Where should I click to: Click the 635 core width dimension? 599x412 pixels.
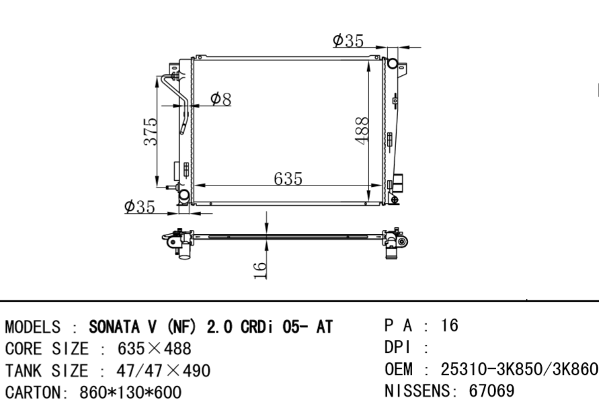(x=288, y=178)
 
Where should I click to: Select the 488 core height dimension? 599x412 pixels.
(x=362, y=131)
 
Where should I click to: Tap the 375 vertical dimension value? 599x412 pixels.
(x=151, y=131)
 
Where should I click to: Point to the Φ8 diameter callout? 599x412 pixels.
(x=221, y=99)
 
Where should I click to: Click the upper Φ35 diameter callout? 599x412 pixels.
(x=348, y=40)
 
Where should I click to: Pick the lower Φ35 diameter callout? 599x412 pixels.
(x=140, y=206)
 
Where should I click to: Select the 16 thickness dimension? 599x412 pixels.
(x=260, y=270)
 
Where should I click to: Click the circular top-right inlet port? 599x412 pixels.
(x=393, y=63)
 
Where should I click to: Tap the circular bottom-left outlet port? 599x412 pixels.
(x=184, y=195)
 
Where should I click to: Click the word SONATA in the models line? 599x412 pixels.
(x=114, y=327)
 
